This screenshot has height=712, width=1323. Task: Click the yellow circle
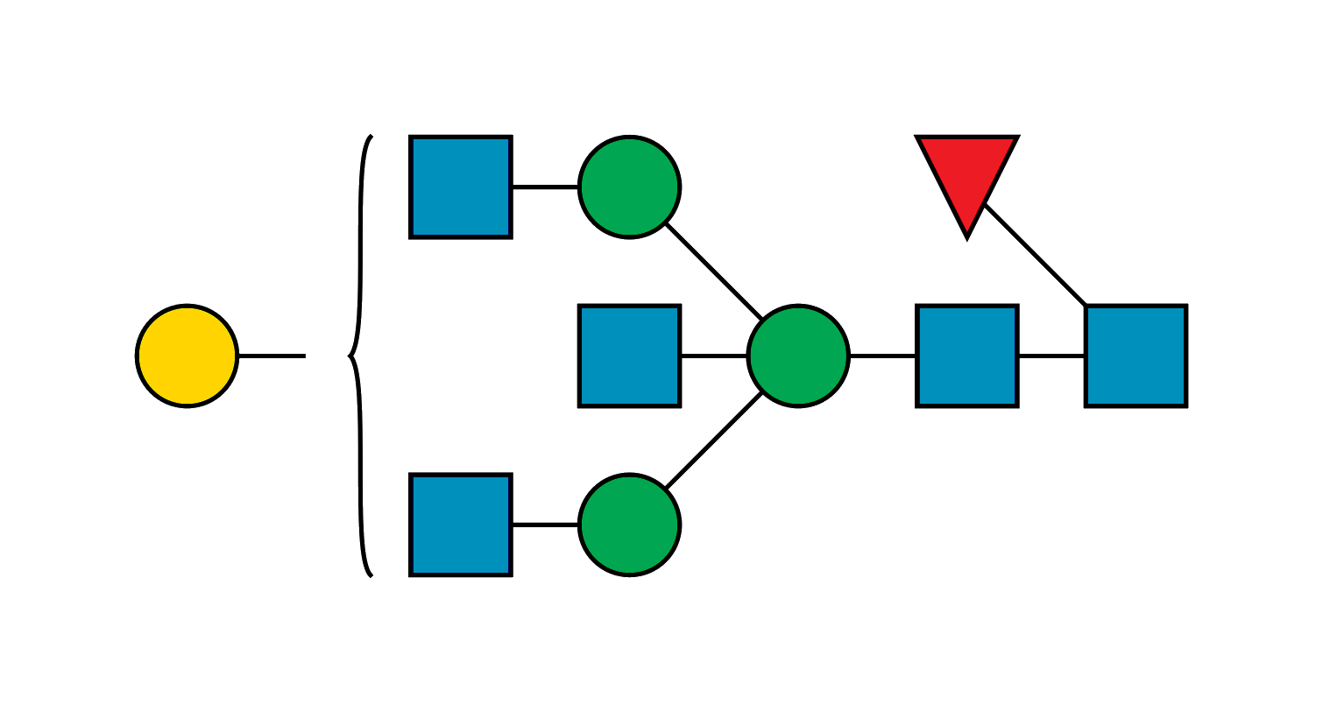tap(187, 356)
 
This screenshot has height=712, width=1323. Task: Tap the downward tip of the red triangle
tap(966, 235)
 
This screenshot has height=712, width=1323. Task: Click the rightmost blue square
tap(1136, 356)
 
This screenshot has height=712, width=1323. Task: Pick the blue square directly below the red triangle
tap(966, 356)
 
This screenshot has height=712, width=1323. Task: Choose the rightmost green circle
tap(797, 356)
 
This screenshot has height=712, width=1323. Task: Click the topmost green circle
tap(629, 187)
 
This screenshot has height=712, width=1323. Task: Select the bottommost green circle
tap(629, 525)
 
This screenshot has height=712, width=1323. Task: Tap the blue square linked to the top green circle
tap(460, 187)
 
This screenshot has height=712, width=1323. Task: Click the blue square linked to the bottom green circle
tap(460, 525)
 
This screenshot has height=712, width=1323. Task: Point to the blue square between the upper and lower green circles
tap(629, 356)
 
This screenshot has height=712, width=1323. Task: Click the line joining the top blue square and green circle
tap(545, 188)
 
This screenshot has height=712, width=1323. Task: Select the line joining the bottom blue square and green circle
tap(545, 523)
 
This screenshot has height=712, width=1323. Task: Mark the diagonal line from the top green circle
tap(713, 271)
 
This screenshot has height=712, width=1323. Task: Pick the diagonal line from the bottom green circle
tap(713, 441)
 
